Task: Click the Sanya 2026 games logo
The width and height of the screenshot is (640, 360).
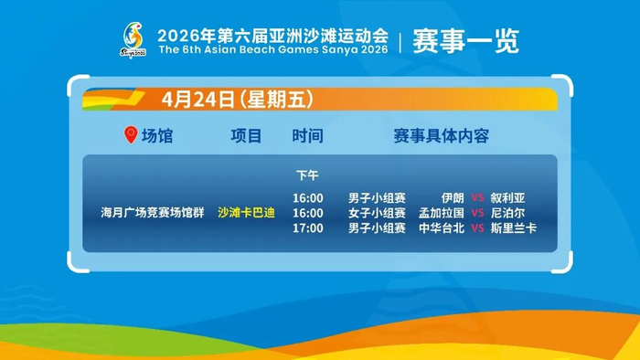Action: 133,40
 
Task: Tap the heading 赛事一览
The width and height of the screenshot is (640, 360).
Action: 465,41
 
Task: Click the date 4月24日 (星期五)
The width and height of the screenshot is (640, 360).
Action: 237,99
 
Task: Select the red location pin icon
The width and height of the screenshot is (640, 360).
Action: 131,134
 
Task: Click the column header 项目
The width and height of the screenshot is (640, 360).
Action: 246,136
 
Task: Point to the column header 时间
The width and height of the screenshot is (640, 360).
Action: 307,136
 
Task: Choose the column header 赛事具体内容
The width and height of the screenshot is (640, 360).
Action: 442,136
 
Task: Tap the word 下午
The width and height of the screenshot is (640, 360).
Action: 307,175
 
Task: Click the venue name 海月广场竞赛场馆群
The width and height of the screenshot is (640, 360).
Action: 153,212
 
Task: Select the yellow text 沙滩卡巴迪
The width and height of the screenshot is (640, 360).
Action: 246,212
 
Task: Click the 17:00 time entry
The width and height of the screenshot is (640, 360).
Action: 308,228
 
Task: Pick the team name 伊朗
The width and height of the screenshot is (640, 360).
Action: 453,198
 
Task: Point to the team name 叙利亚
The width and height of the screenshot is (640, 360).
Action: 507,198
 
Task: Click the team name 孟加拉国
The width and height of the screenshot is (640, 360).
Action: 442,213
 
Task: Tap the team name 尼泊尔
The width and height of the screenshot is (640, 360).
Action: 507,213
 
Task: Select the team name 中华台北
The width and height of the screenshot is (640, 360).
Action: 442,228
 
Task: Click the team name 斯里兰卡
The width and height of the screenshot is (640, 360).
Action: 514,228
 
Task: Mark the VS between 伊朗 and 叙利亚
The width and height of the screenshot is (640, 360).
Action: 477,198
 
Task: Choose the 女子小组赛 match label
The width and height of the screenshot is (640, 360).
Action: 377,213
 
